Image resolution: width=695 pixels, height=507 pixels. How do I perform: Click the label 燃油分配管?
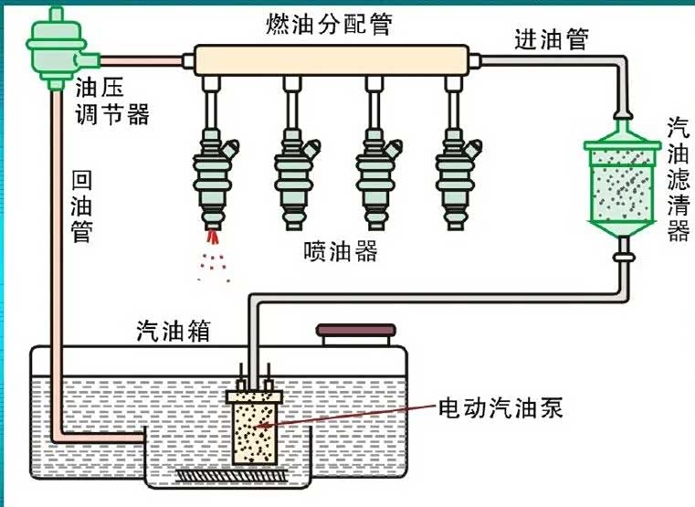331,24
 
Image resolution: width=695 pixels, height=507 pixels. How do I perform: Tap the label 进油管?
552,39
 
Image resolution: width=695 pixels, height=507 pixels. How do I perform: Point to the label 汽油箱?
174,330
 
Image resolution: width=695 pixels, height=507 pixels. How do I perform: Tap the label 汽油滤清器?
677,178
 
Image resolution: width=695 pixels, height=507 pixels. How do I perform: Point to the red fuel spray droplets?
212,254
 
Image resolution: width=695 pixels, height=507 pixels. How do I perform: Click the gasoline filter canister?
622,183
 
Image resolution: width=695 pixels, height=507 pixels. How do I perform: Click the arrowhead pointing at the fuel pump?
266,424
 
